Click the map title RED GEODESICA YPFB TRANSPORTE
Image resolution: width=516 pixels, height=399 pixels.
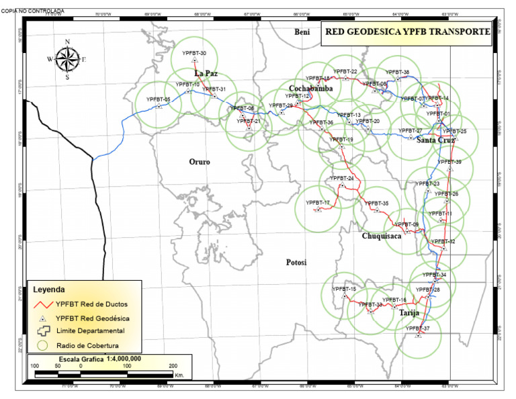405,32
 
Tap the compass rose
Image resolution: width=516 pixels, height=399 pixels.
67,59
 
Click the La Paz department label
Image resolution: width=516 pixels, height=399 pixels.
206,73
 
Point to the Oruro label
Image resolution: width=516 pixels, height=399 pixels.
200,162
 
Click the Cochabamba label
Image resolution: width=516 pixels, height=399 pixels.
311,89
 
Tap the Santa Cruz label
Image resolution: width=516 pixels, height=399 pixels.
436,140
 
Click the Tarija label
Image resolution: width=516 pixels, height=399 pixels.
409,313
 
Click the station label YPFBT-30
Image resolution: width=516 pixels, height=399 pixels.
194,54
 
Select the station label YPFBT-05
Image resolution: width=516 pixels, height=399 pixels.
158,99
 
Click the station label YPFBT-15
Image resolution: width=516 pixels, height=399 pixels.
343,289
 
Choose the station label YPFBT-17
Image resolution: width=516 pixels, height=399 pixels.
318,203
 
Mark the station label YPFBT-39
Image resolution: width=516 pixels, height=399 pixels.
449,162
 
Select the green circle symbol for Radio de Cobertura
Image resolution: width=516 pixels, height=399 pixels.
42,345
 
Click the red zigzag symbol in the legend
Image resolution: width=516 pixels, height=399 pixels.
42,304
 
